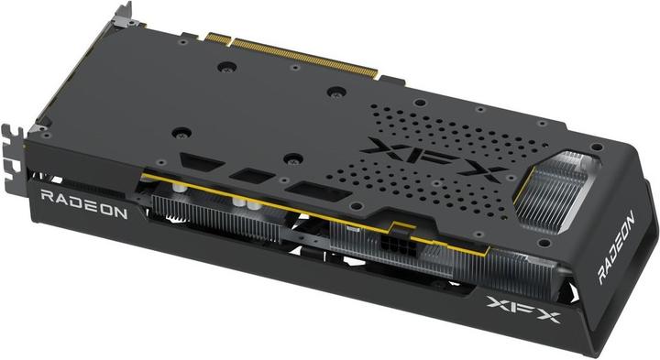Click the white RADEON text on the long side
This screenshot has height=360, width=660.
(88, 202)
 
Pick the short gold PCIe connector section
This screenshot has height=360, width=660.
(214, 38)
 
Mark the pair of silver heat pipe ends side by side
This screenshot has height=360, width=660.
(239, 204)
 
